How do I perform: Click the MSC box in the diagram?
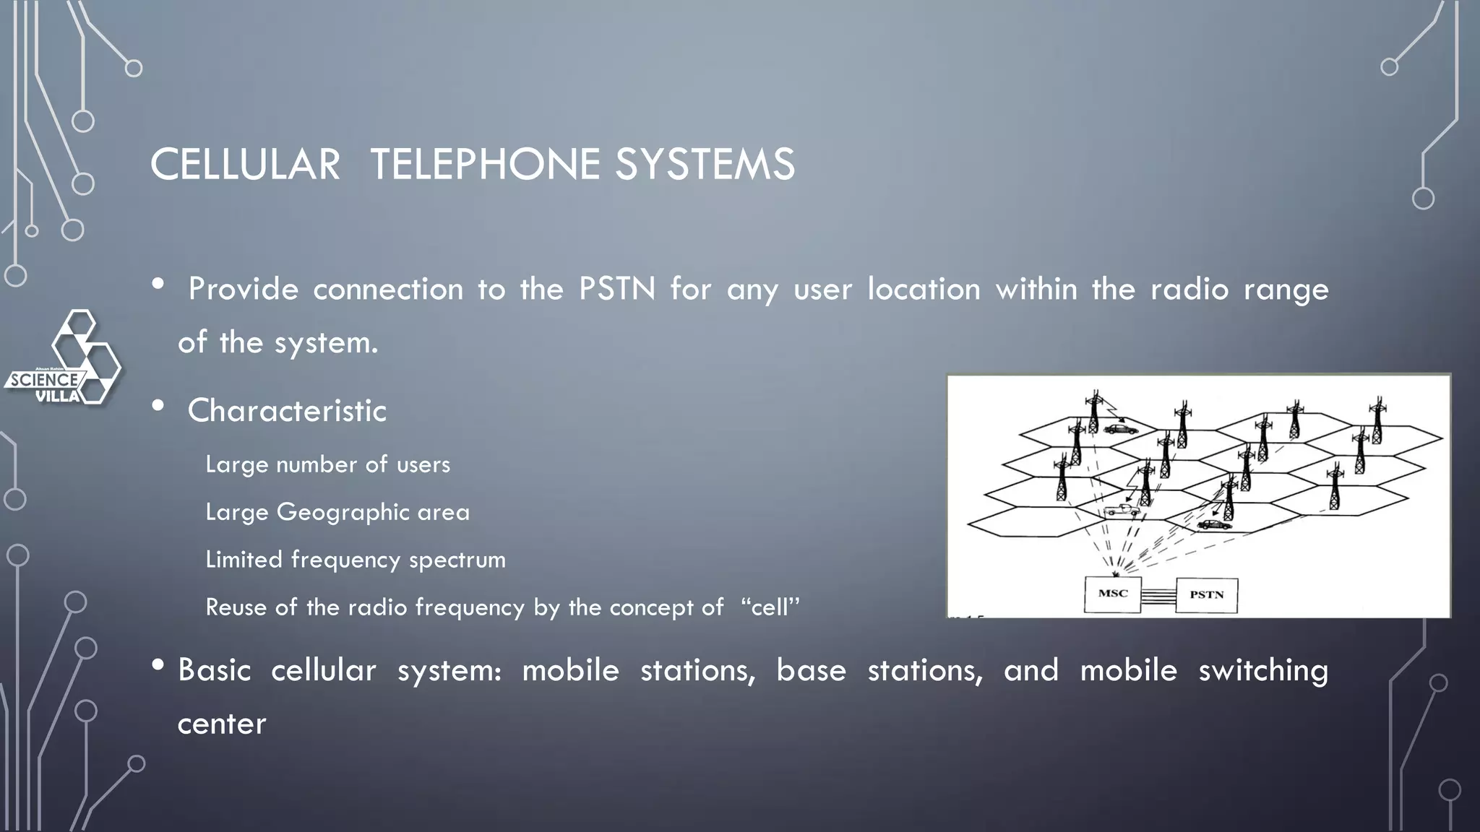pyautogui.click(x=1113, y=594)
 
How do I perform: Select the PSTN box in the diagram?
pyautogui.click(x=1206, y=595)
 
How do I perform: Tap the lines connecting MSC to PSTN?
pyautogui.click(x=1158, y=595)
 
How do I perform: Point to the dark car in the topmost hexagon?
pyautogui.click(x=1120, y=429)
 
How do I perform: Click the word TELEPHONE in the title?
pyautogui.click(x=484, y=164)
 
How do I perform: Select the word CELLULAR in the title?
pyautogui.click(x=245, y=164)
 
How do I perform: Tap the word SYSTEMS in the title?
pyautogui.click(x=705, y=164)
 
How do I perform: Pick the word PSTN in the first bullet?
pyautogui.click(x=616, y=289)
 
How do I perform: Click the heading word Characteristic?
pyautogui.click(x=287, y=410)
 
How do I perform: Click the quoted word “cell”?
pyautogui.click(x=770, y=607)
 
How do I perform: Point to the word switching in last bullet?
pyautogui.click(x=1263, y=670)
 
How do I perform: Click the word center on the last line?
pyautogui.click(x=222, y=724)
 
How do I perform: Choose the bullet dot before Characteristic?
pyautogui.click(x=158, y=406)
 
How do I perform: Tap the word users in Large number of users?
pyautogui.click(x=423, y=464)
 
